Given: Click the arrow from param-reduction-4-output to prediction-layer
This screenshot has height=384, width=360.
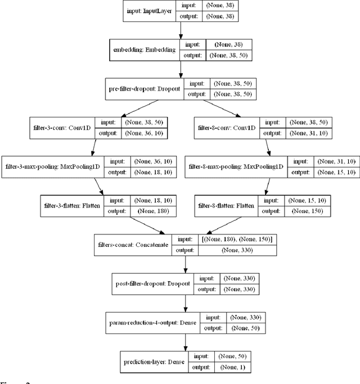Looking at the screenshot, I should (x=186, y=342).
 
